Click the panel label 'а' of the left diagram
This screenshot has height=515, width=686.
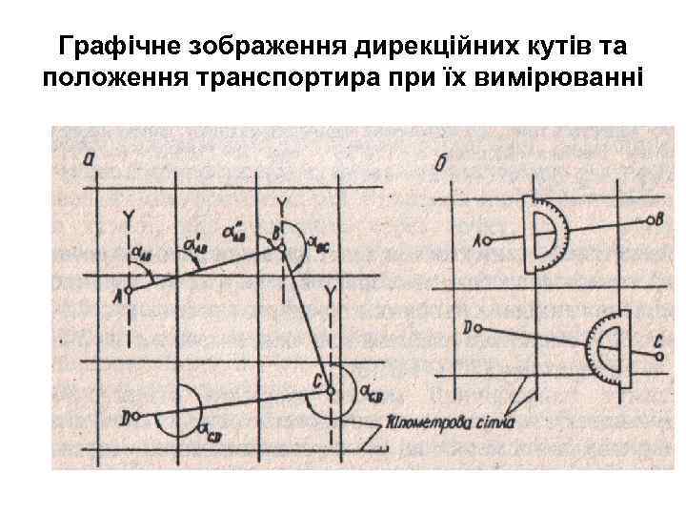(89, 159)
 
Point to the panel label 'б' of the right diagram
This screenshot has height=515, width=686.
(441, 164)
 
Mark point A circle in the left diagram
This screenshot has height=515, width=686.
(128, 290)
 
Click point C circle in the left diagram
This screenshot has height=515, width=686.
(330, 388)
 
